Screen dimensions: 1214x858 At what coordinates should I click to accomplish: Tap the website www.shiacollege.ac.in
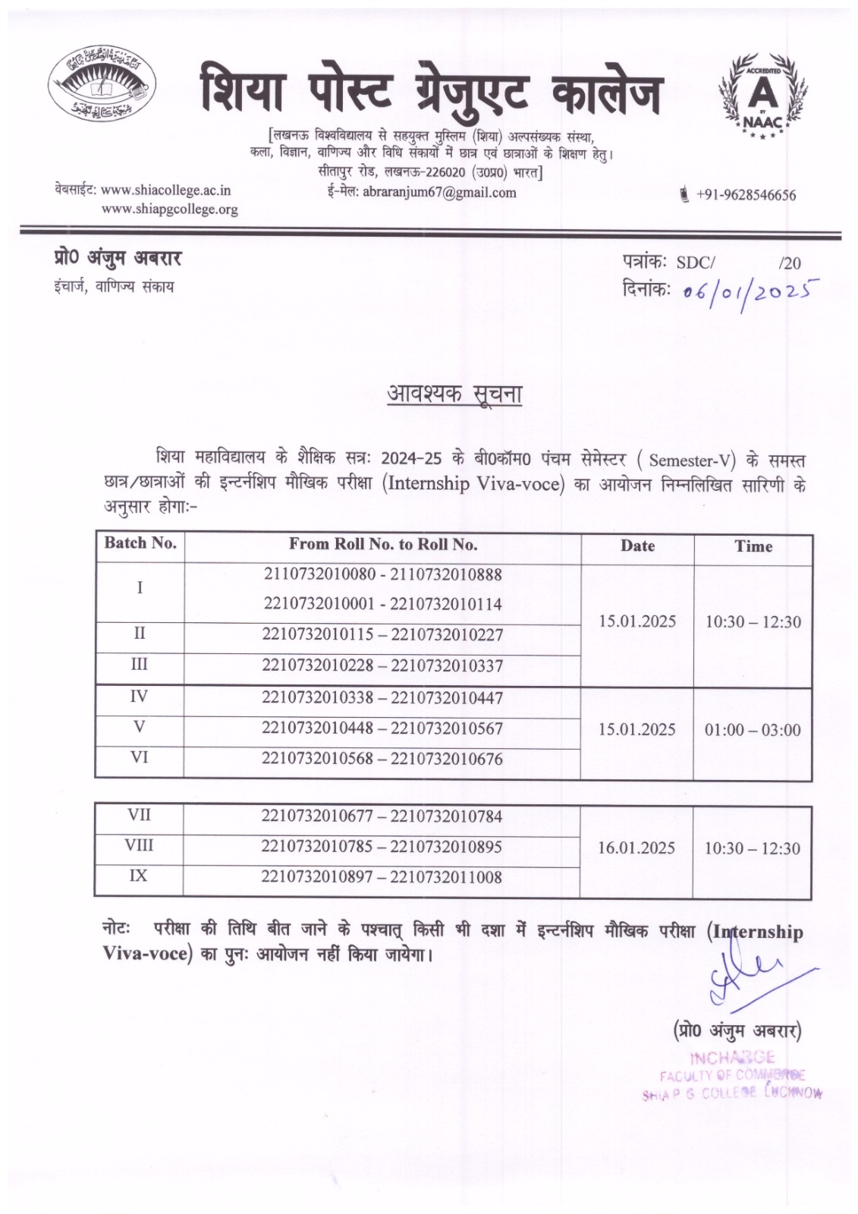click(x=166, y=190)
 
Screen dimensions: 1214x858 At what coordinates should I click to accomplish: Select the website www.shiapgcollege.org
click(x=169, y=209)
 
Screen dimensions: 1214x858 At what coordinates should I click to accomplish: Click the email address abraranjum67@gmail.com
click(x=439, y=193)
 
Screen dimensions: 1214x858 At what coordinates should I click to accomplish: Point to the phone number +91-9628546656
click(x=746, y=195)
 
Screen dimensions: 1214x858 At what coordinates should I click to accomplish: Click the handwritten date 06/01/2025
click(x=741, y=289)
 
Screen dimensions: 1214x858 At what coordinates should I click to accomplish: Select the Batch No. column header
click(x=140, y=543)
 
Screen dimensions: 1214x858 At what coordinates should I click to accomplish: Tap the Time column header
click(x=753, y=546)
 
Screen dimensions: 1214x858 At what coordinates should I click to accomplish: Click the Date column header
click(x=637, y=546)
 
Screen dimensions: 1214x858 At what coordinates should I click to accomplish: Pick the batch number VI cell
click(x=140, y=757)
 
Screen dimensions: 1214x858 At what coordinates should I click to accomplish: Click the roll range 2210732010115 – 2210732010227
click(x=382, y=635)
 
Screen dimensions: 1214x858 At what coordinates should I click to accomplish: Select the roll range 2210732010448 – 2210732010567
click(x=382, y=728)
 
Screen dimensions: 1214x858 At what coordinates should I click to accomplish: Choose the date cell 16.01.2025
click(x=636, y=848)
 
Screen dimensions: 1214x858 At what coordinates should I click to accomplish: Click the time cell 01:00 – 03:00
click(x=753, y=730)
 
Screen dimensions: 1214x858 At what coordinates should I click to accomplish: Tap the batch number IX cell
click(x=138, y=876)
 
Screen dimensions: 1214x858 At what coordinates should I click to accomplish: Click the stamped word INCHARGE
click(x=732, y=1058)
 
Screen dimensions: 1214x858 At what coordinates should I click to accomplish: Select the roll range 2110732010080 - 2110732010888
click(x=383, y=574)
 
